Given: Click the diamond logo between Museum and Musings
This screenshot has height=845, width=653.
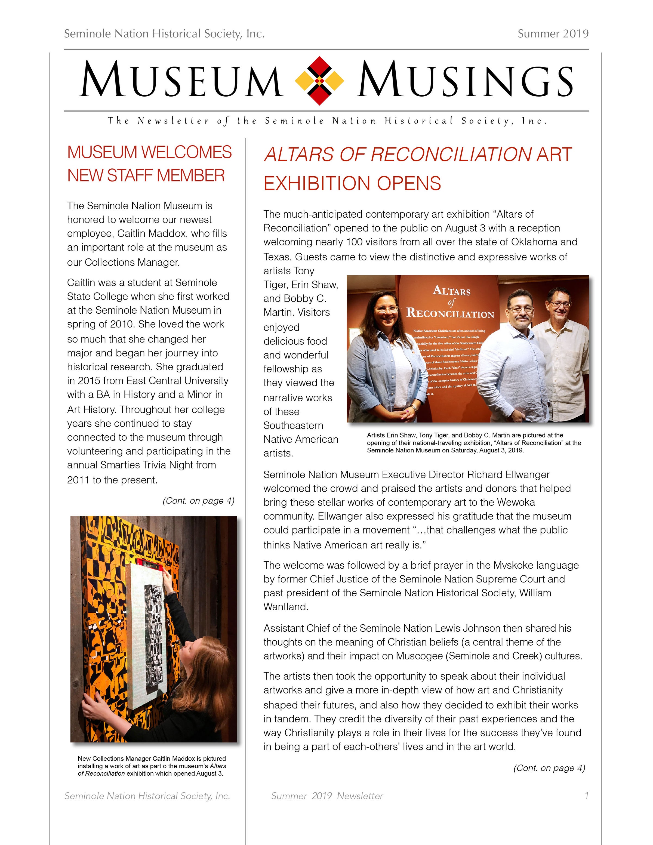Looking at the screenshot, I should tap(319, 81).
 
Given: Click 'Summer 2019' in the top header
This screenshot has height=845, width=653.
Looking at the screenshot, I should tap(553, 34).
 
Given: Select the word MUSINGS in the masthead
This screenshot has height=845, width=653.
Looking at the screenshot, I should tap(464, 81).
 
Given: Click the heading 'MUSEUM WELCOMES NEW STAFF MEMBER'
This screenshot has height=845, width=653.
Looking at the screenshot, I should tap(149, 164).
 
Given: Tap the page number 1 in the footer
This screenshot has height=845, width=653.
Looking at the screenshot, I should tap(586, 796).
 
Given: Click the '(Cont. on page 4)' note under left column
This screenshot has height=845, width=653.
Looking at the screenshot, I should tap(198, 501).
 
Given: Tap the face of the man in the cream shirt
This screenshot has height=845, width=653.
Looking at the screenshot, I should tap(559, 304).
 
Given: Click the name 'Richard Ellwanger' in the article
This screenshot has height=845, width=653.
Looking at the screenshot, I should tap(508, 475).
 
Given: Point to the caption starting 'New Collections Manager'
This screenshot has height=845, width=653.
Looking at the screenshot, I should tap(152, 766).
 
